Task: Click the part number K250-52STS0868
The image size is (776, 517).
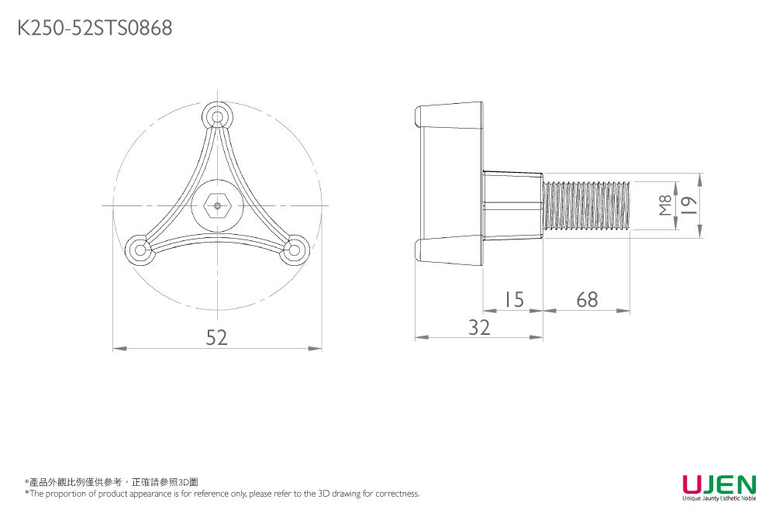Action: [x=95, y=28]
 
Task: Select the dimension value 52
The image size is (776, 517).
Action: [x=217, y=337]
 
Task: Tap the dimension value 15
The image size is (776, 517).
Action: [x=514, y=299]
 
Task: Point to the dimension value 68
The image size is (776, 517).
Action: [x=587, y=299]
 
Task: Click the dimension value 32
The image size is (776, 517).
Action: [x=479, y=328]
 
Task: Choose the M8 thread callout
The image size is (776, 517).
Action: [x=666, y=205]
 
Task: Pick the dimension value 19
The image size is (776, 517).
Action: [x=689, y=205]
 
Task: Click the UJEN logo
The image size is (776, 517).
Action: [x=719, y=484]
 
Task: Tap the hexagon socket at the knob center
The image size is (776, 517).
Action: [x=217, y=205]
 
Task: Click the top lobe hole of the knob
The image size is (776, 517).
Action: [x=217, y=117]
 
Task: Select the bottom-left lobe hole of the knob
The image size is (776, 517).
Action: [x=140, y=250]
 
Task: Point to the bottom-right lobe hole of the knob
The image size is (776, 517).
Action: [x=294, y=250]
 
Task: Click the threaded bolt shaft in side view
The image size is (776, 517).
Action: [x=586, y=205]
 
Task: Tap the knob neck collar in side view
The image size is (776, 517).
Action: [x=512, y=205]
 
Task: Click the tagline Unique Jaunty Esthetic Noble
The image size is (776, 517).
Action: [x=719, y=498]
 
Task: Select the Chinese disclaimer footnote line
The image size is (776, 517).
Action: [x=112, y=482]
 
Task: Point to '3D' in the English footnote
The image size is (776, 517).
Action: [x=324, y=493]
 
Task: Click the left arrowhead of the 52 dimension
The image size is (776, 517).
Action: [x=119, y=349]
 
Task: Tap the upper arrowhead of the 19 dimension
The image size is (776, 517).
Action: [x=700, y=180]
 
